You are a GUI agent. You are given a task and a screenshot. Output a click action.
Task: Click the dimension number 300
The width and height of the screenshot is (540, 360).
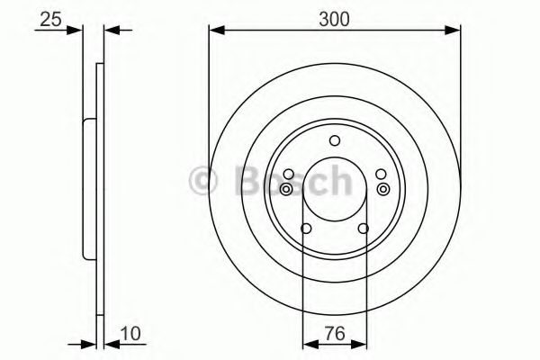[x=334, y=19]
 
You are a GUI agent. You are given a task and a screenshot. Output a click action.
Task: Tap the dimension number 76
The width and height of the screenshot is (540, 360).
[x=335, y=334]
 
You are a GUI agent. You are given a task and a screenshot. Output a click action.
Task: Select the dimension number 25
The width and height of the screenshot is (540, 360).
[x=50, y=19]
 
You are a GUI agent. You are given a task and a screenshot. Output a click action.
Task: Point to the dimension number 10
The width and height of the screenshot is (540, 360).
[x=130, y=334]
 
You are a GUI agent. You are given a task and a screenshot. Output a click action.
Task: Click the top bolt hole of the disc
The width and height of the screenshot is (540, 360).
[x=335, y=140]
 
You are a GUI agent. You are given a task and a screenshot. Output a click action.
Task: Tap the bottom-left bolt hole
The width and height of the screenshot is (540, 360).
[x=306, y=229]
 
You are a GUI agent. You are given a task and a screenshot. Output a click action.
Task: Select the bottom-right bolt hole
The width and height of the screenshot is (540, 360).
[x=363, y=229]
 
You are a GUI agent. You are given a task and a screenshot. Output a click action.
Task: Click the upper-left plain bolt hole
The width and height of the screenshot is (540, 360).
[x=289, y=175]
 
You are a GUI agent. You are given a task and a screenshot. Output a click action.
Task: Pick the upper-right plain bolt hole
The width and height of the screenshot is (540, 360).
[x=381, y=175]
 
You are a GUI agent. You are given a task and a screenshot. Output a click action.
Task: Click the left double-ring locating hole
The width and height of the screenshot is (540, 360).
[x=286, y=189]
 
